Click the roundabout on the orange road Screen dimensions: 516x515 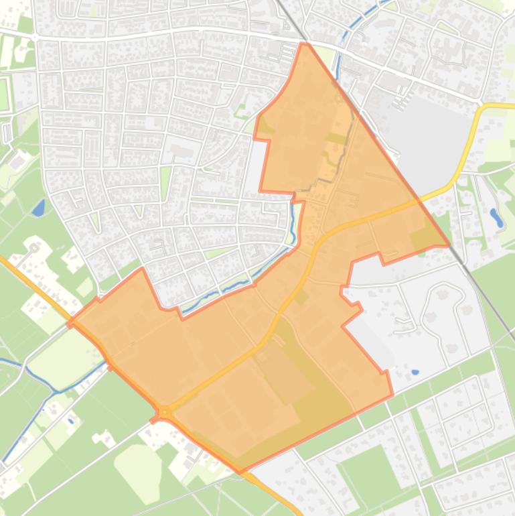click(x=165, y=411)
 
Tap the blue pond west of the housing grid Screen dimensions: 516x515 click(x=38, y=208)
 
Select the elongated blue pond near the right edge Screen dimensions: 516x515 click(x=496, y=216)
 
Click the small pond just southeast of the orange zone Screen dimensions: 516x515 click(x=415, y=372)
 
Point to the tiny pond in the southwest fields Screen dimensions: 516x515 click(x=71, y=421)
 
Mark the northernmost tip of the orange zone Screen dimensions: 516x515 click(x=305, y=44)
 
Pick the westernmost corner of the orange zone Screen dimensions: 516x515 click(x=69, y=324)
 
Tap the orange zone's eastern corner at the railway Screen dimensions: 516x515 click(x=447, y=245)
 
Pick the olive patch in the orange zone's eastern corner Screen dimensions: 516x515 click(x=423, y=238)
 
